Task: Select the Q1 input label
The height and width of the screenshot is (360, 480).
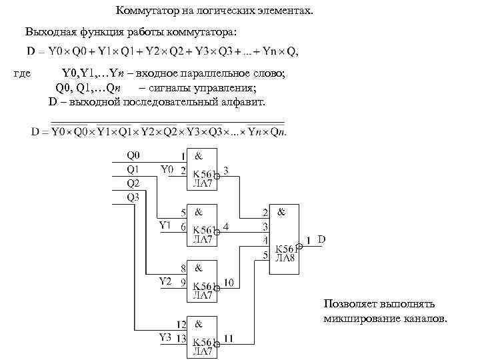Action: [133, 169]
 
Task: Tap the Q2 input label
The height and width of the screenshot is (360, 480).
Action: [133, 183]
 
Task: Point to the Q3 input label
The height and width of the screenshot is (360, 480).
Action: [133, 197]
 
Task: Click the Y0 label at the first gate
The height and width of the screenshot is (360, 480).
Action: [167, 169]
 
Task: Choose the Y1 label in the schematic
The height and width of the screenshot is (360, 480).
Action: [166, 225]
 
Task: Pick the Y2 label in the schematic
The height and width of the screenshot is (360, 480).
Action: [166, 281]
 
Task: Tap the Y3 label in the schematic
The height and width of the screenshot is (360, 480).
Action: [166, 337]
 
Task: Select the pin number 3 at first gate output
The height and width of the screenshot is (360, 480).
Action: [227, 171]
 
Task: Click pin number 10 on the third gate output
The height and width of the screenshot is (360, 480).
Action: [229, 283]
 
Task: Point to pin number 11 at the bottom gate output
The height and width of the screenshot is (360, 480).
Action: [229, 339]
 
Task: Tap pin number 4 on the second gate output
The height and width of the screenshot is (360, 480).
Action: [227, 227]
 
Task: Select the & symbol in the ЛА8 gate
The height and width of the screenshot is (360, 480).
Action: [281, 212]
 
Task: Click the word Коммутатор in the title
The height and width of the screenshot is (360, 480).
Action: [146, 11]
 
